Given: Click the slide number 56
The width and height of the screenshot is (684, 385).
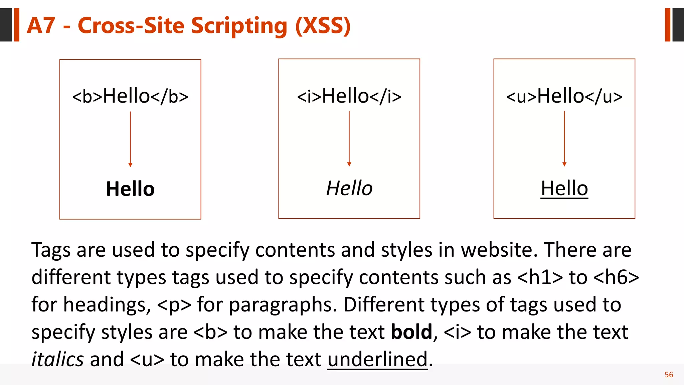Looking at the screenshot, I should pos(669,375).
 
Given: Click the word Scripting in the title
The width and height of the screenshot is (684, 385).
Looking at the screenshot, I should pos(239,26).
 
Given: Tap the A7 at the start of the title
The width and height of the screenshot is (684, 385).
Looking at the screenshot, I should pos(41,25).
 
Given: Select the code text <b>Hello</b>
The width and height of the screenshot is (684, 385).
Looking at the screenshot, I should pos(130,96).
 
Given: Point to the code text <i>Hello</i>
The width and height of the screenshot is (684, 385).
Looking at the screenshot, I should pos(349,96).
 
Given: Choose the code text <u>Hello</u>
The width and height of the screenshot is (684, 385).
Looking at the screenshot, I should pos(564,96).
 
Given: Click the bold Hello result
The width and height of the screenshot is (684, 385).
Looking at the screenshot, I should pos(130,189).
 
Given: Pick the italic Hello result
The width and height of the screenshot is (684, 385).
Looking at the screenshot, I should pos(349,188).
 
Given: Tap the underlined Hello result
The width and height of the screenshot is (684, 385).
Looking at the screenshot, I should pos(564,188).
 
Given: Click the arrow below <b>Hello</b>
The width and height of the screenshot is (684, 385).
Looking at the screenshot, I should pos(130,139).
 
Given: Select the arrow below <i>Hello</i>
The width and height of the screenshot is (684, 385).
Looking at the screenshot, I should pos(349,139).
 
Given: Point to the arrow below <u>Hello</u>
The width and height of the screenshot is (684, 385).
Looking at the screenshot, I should pos(564,139).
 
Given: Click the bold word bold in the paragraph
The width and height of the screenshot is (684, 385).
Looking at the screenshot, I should pos(411,332).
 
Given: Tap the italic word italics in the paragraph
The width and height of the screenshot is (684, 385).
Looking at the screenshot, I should pos(57,359).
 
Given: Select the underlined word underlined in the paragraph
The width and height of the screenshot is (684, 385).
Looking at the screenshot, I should pos(377,359).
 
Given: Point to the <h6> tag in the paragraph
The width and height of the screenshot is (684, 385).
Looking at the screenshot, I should pos(617,277).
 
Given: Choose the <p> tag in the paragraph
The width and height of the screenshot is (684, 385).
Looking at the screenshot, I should pos(174,304).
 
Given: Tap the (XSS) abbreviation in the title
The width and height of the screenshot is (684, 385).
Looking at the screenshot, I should pos(323,26).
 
